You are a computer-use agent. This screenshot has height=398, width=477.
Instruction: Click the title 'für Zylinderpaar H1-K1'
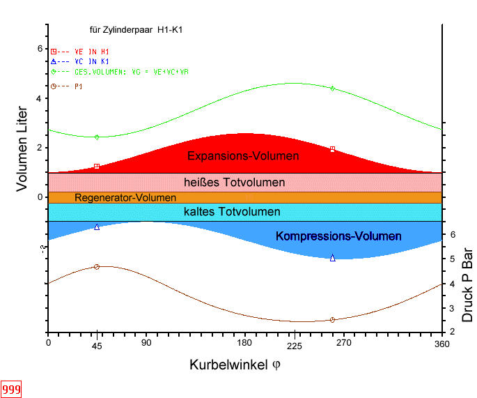click(x=136, y=30)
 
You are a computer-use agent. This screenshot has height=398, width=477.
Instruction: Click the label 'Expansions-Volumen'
click(x=243, y=155)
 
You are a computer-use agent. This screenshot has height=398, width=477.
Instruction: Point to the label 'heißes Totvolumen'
click(x=234, y=183)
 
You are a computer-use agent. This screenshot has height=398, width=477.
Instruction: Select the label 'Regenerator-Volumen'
click(x=125, y=198)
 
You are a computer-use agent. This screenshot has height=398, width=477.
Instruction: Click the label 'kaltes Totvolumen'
click(x=232, y=212)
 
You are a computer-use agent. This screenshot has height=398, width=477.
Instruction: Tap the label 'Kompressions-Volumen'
click(x=338, y=236)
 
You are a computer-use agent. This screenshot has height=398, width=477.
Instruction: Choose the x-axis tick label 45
click(x=97, y=344)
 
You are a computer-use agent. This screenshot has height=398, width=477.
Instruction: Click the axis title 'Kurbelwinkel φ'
click(x=235, y=365)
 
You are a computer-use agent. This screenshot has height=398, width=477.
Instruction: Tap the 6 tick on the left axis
click(x=39, y=49)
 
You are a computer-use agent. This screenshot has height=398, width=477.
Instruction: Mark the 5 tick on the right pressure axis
click(x=453, y=259)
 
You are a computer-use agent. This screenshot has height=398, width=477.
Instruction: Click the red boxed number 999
click(x=10, y=389)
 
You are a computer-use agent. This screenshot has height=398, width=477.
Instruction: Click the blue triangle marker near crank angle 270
click(x=332, y=258)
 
